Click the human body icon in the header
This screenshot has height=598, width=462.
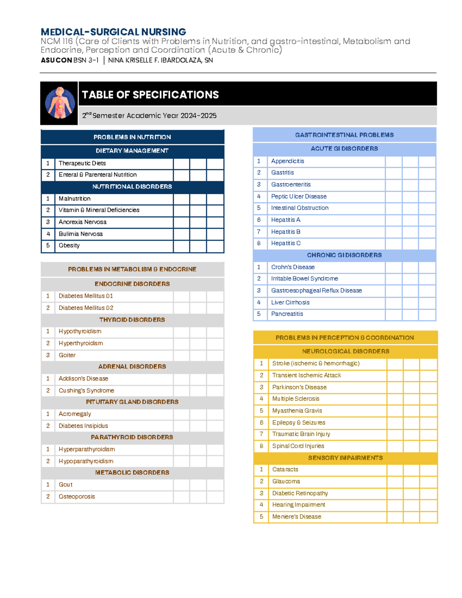(x=60, y=103)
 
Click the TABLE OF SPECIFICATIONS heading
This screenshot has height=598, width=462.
(x=150, y=95)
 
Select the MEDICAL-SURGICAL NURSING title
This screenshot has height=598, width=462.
(x=113, y=32)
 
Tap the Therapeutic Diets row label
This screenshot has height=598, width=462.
(x=82, y=163)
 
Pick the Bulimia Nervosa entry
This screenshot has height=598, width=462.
(x=80, y=234)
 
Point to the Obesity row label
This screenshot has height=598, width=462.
(x=69, y=245)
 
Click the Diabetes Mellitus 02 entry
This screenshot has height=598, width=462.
(x=86, y=308)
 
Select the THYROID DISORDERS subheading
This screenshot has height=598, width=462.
(x=132, y=320)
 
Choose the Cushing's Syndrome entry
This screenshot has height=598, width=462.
(x=86, y=390)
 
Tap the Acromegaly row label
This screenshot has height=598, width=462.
(x=75, y=414)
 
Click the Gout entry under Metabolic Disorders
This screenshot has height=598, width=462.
(x=65, y=484)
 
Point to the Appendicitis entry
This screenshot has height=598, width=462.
(x=288, y=161)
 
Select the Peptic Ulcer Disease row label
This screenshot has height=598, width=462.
(x=299, y=196)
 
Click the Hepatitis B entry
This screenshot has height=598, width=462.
(x=286, y=231)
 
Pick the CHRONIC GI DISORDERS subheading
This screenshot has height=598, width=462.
(x=344, y=255)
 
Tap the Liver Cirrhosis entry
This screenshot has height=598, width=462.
(x=290, y=302)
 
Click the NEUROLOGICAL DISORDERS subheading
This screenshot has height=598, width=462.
(x=345, y=351)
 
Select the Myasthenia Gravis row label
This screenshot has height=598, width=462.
(x=297, y=410)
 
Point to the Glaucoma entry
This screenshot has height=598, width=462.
(x=286, y=481)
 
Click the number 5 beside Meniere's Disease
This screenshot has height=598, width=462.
(x=261, y=517)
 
